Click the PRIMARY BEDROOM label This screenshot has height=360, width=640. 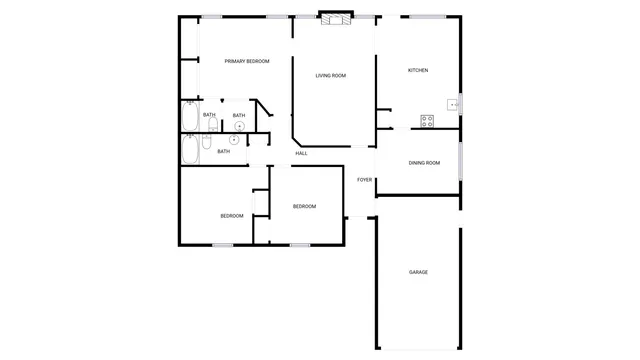pos(247,62)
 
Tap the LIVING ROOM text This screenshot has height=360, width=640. pos(331,76)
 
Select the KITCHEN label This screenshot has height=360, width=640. pos(418,70)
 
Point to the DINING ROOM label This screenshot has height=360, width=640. pos(424,163)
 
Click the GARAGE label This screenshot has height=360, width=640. pos(418,272)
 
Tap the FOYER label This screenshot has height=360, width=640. pos(365,180)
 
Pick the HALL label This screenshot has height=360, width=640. pos(301,153)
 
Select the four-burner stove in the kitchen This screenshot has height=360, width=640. pos(427,121)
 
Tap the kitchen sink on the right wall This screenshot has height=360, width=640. pos(455,103)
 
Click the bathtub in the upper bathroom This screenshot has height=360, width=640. pos(190,117)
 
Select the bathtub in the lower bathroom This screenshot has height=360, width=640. pos(190,150)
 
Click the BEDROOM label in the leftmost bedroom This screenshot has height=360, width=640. pos(232,216)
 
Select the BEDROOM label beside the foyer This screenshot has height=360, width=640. pos(304,207)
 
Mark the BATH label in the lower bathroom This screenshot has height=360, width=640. pos(224,151)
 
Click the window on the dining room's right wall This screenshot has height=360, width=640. pos(460,162)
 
